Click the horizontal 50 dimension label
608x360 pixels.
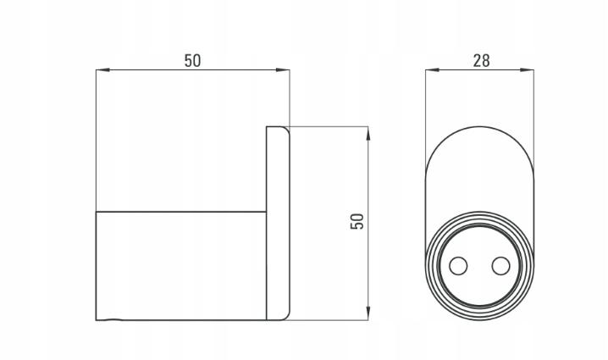pyautogui.click(x=193, y=60)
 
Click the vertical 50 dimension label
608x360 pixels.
pyautogui.click(x=357, y=222)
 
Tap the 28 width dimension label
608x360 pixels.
pyautogui.click(x=481, y=60)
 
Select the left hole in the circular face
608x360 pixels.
pyautogui.click(x=458, y=266)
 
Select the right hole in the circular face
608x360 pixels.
pyautogui.click(x=500, y=266)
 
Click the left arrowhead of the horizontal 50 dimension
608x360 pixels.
pyautogui.click(x=102, y=69)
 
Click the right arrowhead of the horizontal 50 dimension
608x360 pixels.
pyautogui.click(x=283, y=69)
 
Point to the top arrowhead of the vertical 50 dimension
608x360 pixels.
pyautogui.click(x=368, y=134)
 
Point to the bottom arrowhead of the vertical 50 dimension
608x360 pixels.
pyautogui.click(x=368, y=313)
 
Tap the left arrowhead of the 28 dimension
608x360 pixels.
pyautogui.click(x=433, y=69)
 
